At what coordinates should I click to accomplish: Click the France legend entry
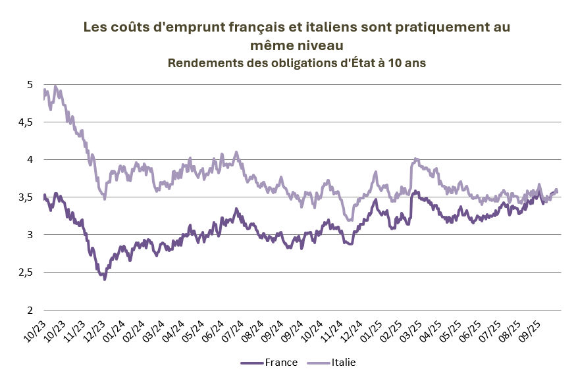tap(281, 363)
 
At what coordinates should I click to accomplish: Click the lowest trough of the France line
tap(104, 280)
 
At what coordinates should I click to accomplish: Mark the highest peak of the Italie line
tap(55, 86)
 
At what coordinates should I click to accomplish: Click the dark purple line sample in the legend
tap(251, 363)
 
